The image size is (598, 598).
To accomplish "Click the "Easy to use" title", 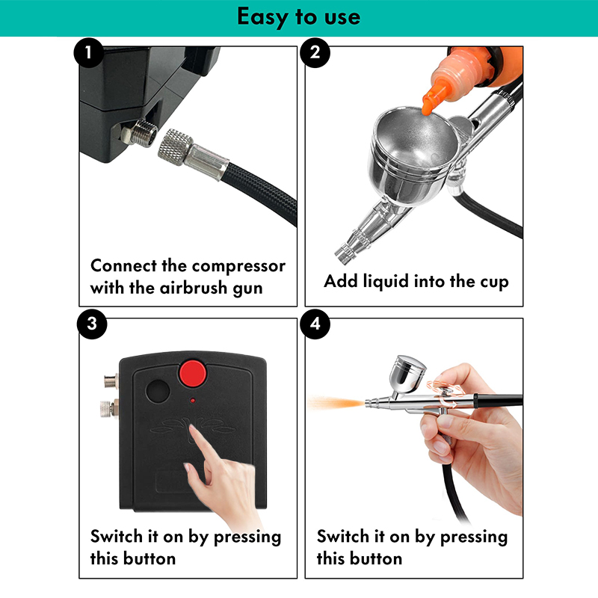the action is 298,17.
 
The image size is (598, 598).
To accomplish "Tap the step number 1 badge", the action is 88,52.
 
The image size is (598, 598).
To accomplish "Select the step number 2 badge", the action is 315,52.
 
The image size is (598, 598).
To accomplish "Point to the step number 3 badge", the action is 92,324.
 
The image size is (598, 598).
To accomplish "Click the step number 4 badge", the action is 315,324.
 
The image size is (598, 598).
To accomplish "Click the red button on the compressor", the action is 193,374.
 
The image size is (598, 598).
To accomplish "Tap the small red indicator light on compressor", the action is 193,401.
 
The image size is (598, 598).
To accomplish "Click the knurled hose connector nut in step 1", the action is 175,147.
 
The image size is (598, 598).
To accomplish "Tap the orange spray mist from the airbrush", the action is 336,403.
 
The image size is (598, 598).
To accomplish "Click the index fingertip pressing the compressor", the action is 194,431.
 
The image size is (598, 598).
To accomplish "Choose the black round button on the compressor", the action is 158,391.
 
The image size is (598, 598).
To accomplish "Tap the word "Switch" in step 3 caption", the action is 117,536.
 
